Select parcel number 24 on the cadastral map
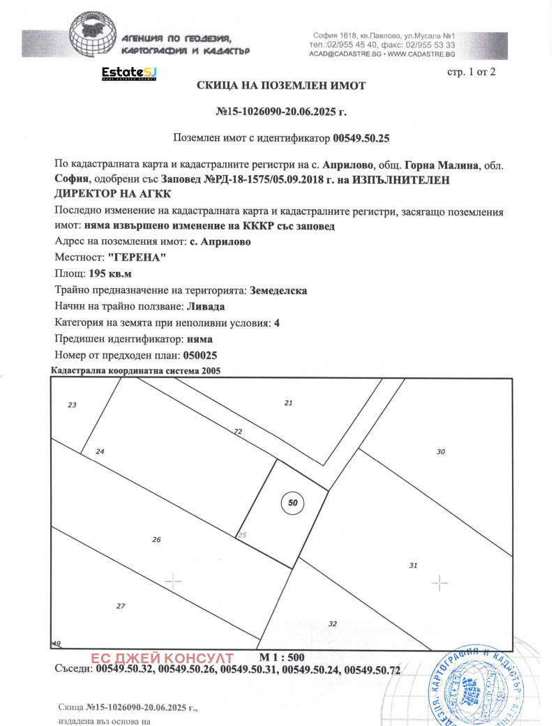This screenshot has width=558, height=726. [100, 452]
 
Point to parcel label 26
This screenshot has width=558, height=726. [156, 539]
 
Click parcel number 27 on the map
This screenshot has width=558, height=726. [121, 606]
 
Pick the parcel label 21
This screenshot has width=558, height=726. [289, 403]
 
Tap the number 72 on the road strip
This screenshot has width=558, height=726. [238, 432]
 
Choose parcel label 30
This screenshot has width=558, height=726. [440, 452]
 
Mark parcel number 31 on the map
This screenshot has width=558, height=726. [413, 565]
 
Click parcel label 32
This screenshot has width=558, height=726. [333, 623]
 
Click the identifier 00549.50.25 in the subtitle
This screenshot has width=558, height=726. [361, 139]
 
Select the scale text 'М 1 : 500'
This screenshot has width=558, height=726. [282, 657]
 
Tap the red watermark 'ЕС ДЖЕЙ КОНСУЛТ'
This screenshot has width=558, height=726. [162, 658]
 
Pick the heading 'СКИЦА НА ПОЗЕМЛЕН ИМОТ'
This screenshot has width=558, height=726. [281, 85]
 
